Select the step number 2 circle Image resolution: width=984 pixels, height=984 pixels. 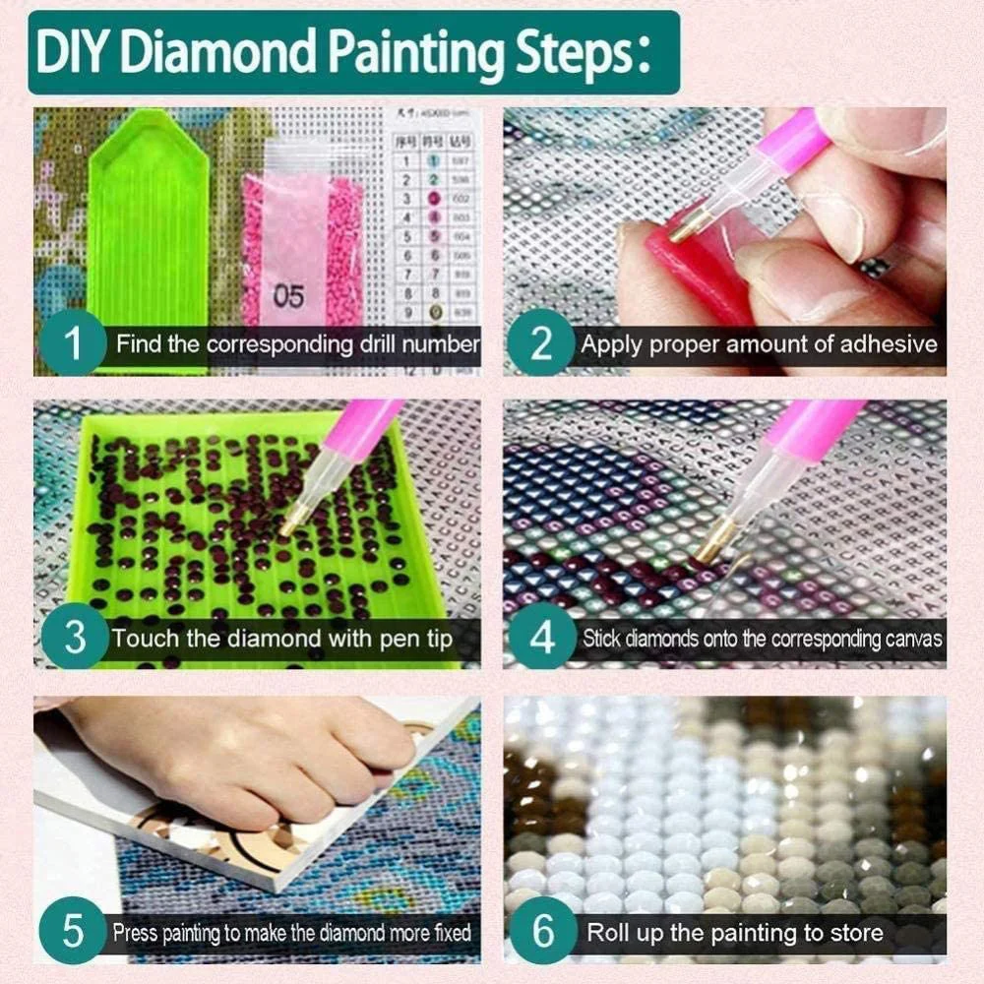tap(542, 344)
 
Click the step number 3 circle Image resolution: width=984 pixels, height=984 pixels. tap(75, 638)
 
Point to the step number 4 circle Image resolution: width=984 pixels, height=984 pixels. tap(542, 638)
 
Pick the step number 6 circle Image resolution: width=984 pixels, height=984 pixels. tap(542, 931)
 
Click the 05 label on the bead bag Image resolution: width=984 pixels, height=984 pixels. tap(288, 295)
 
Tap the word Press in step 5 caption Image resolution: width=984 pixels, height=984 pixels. tap(134, 932)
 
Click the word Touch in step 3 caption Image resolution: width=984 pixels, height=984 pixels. tap(147, 638)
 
